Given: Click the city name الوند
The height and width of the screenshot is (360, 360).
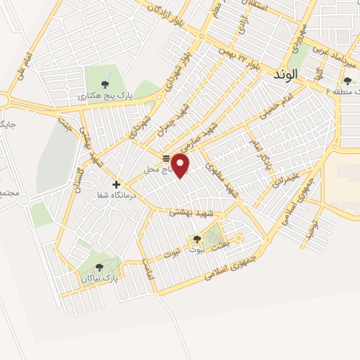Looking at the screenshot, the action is coord(286,73).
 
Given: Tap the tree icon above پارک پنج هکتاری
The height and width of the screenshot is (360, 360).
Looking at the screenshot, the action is coord(105,84).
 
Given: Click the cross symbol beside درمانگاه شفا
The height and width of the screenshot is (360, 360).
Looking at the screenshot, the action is coord(117,184).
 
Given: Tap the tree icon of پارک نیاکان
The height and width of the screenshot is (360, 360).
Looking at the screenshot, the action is coord(98,266).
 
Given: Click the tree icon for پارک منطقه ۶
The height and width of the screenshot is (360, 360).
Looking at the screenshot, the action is coord(347,81).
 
